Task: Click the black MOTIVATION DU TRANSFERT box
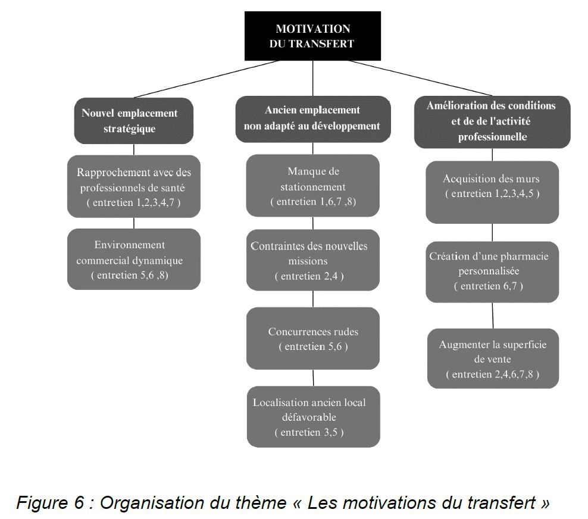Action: coord(312,36)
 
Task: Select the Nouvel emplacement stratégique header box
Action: coord(134,121)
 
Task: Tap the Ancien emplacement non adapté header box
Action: coord(313,119)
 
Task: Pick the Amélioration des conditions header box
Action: coord(492,122)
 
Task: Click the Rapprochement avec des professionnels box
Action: coord(134,186)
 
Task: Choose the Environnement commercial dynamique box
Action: coord(134,259)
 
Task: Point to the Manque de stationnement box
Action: coord(313,185)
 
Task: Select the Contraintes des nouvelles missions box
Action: coord(313,260)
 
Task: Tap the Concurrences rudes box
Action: coord(313,338)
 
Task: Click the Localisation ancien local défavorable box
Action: coord(314,417)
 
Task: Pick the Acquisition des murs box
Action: coord(492,192)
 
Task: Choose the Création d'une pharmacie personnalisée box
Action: coord(492,272)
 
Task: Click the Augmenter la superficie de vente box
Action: coord(493,358)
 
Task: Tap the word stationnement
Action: coord(313,187)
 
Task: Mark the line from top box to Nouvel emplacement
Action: coord(207,79)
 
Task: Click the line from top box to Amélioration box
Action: coord(420,78)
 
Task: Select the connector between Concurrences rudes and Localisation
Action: coord(313,377)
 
